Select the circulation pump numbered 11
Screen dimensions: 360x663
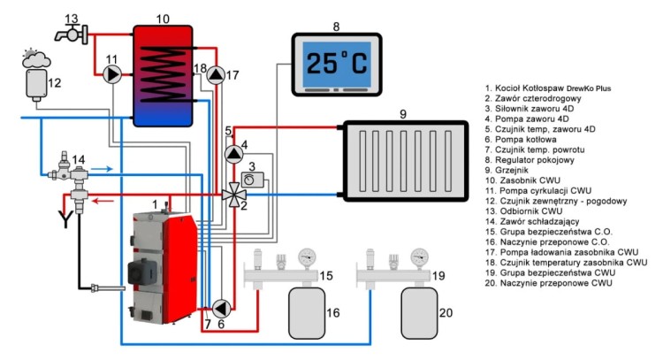tap(112, 75)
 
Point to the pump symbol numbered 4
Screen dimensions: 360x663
tap(232, 153)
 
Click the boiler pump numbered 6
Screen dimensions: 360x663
tap(220, 308)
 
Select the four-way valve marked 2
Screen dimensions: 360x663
tap(232, 194)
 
